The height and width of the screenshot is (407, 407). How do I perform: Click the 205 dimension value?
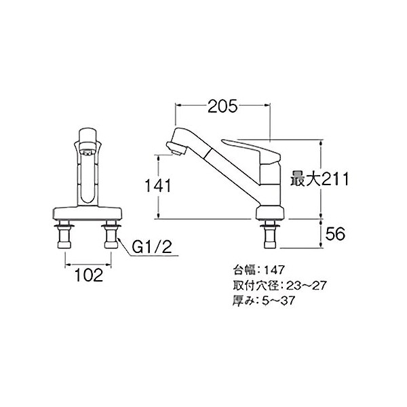click(222, 106)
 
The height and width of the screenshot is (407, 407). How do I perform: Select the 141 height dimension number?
click(158, 186)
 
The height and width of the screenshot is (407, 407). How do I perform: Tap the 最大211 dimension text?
click(319, 179)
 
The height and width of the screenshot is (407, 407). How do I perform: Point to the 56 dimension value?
click(335, 233)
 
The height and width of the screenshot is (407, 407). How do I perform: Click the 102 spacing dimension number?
click(89, 275)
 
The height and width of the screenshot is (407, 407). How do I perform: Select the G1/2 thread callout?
click(152, 246)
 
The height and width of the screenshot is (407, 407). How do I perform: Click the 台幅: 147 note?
click(258, 270)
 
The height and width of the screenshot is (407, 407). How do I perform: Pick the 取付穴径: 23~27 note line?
click(279, 286)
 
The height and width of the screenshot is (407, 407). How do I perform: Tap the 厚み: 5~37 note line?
click(264, 301)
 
